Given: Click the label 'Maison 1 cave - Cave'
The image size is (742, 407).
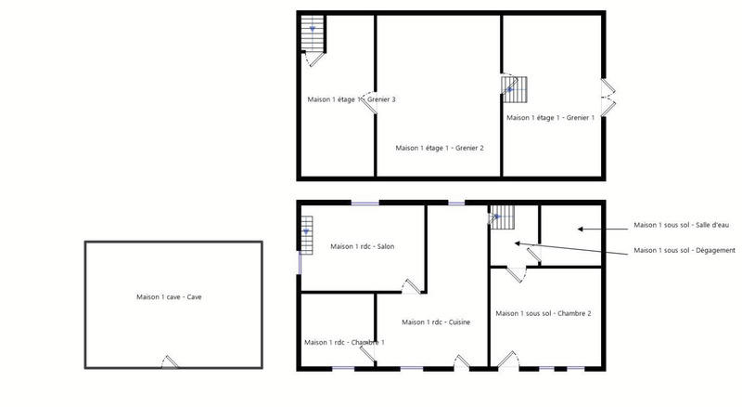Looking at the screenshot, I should pos(169,296).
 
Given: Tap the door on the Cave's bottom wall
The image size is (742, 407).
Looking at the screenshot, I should pos(167,362).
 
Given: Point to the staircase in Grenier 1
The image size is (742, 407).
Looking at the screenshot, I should pos(514,89).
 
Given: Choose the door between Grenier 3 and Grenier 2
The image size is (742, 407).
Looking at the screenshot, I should pos(371,105).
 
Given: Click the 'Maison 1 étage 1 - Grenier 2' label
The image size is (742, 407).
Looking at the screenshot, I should pos(440,148).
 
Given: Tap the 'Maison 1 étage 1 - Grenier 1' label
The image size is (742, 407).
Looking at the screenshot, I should pos(550,118).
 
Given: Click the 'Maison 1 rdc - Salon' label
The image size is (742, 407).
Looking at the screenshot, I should pos(363,246).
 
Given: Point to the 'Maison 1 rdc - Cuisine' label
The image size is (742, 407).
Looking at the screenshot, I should pos(436,322).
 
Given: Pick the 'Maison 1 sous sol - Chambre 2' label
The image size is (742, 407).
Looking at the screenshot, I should pos(543,313).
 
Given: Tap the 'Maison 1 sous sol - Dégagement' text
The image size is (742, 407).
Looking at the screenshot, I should pos(684,250).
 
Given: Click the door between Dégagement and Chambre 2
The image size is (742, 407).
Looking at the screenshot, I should pos(519,272).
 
